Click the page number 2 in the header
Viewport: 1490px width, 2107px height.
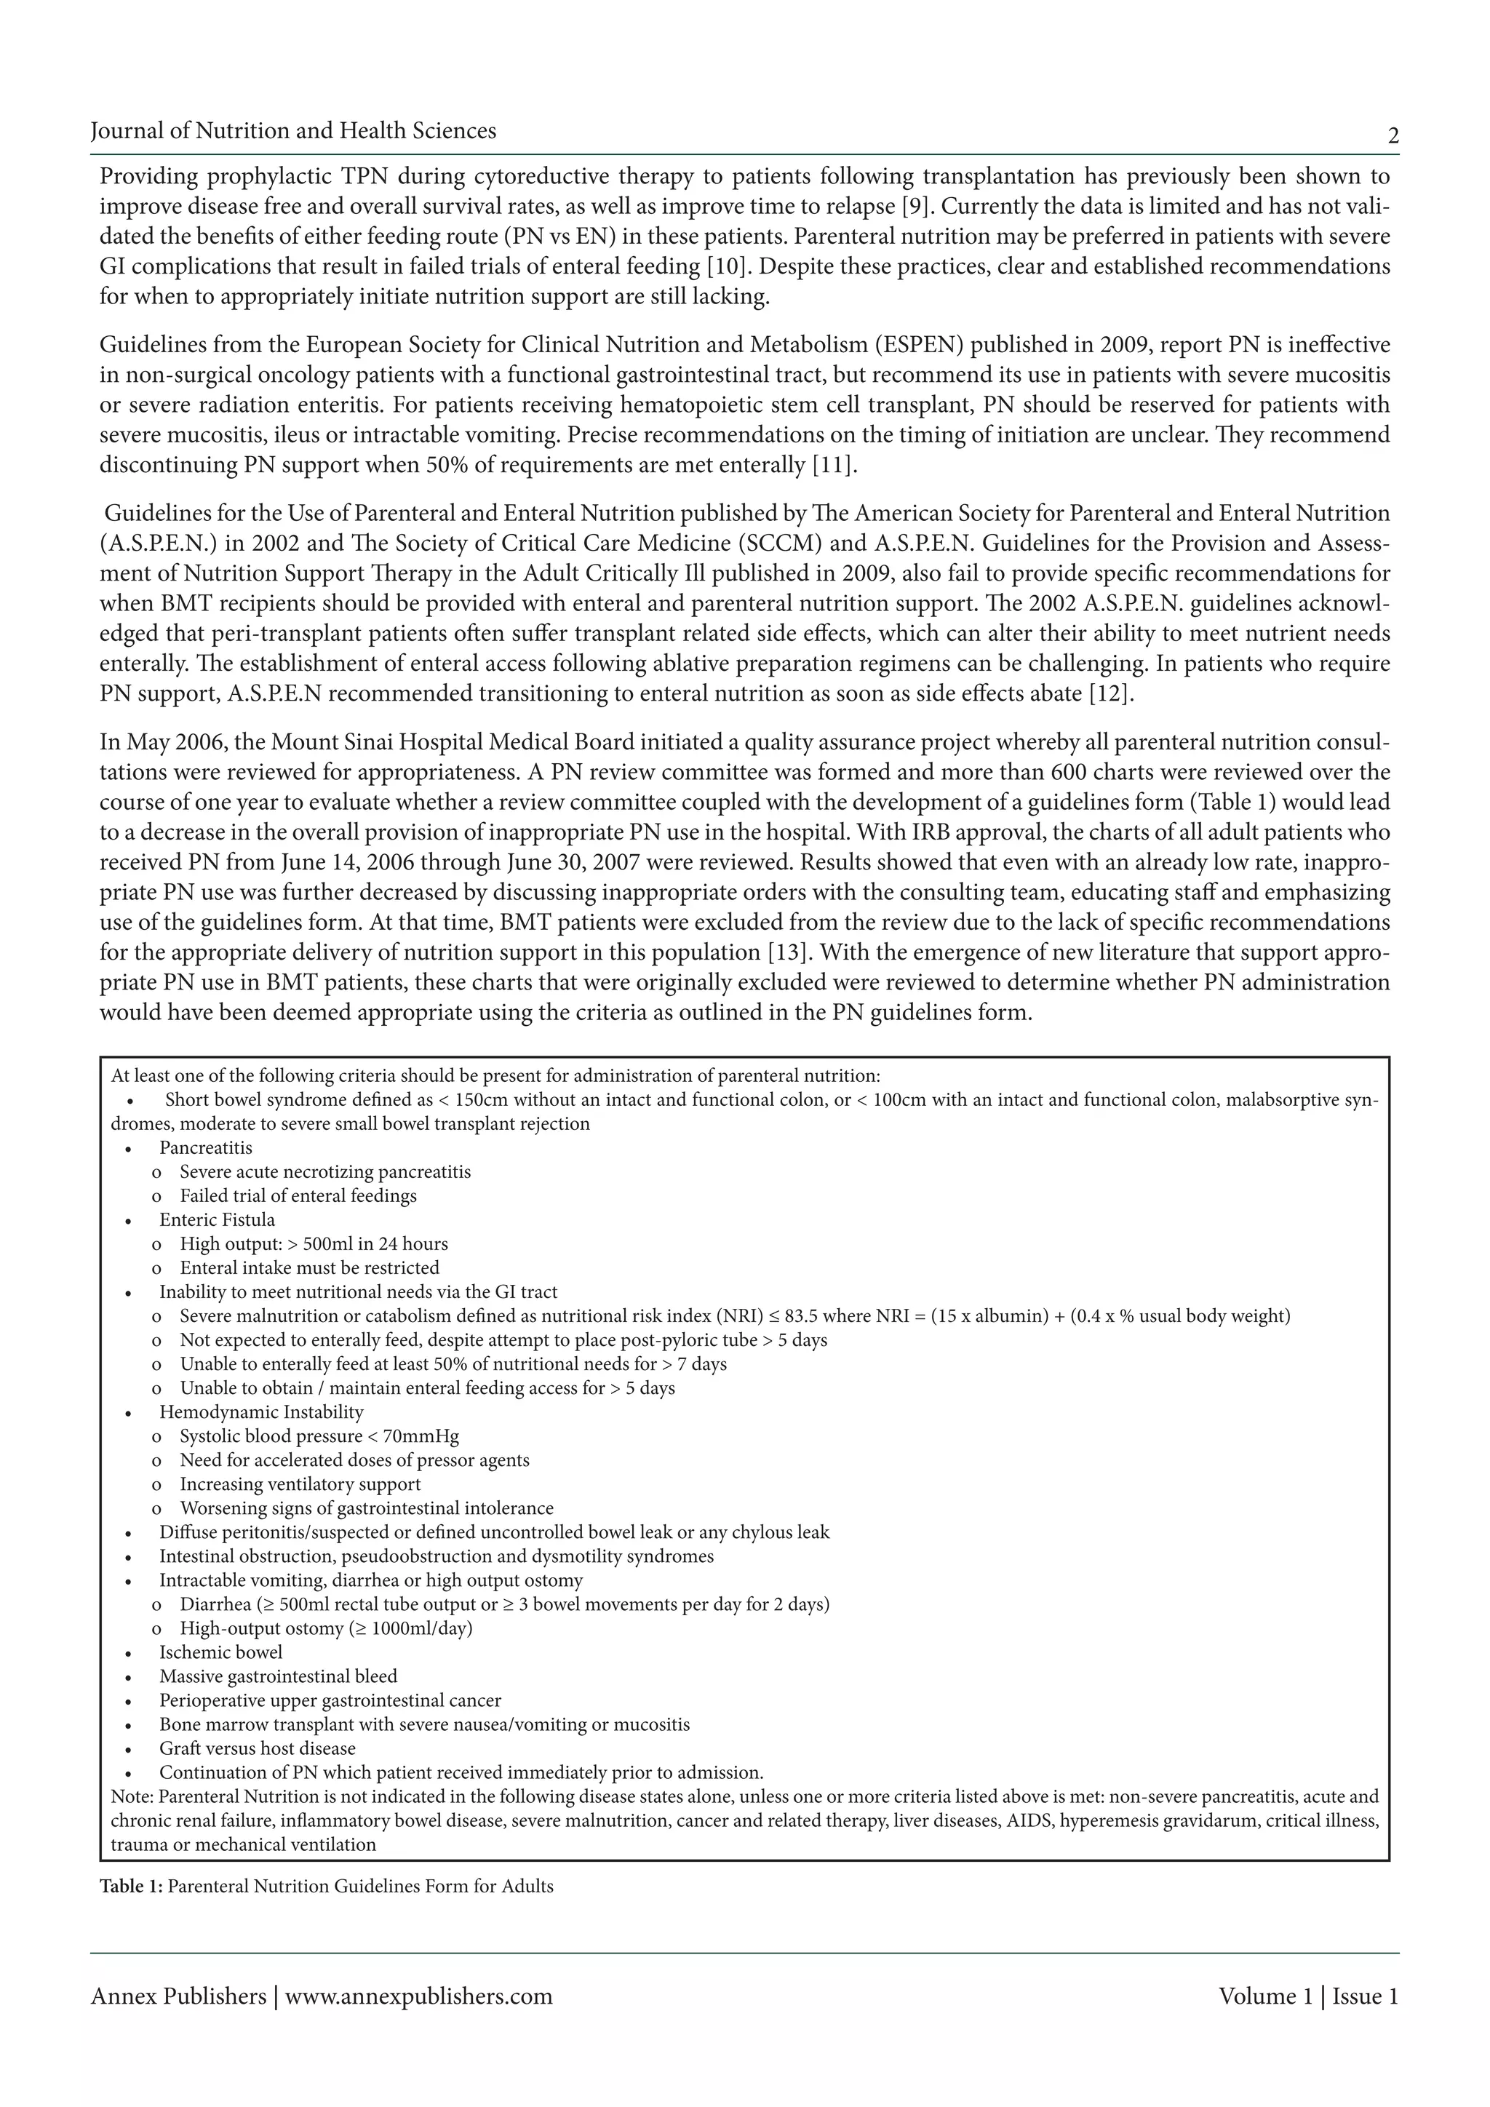[x=1393, y=138]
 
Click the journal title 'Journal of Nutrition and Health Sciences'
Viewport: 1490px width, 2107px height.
[x=294, y=131]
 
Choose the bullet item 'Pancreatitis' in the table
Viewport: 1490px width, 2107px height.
[x=205, y=1148]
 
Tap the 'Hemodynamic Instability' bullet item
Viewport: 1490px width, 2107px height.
[x=260, y=1412]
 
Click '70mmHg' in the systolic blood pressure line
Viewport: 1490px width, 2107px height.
[x=426, y=1436]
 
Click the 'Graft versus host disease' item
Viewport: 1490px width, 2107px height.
[x=257, y=1748]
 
